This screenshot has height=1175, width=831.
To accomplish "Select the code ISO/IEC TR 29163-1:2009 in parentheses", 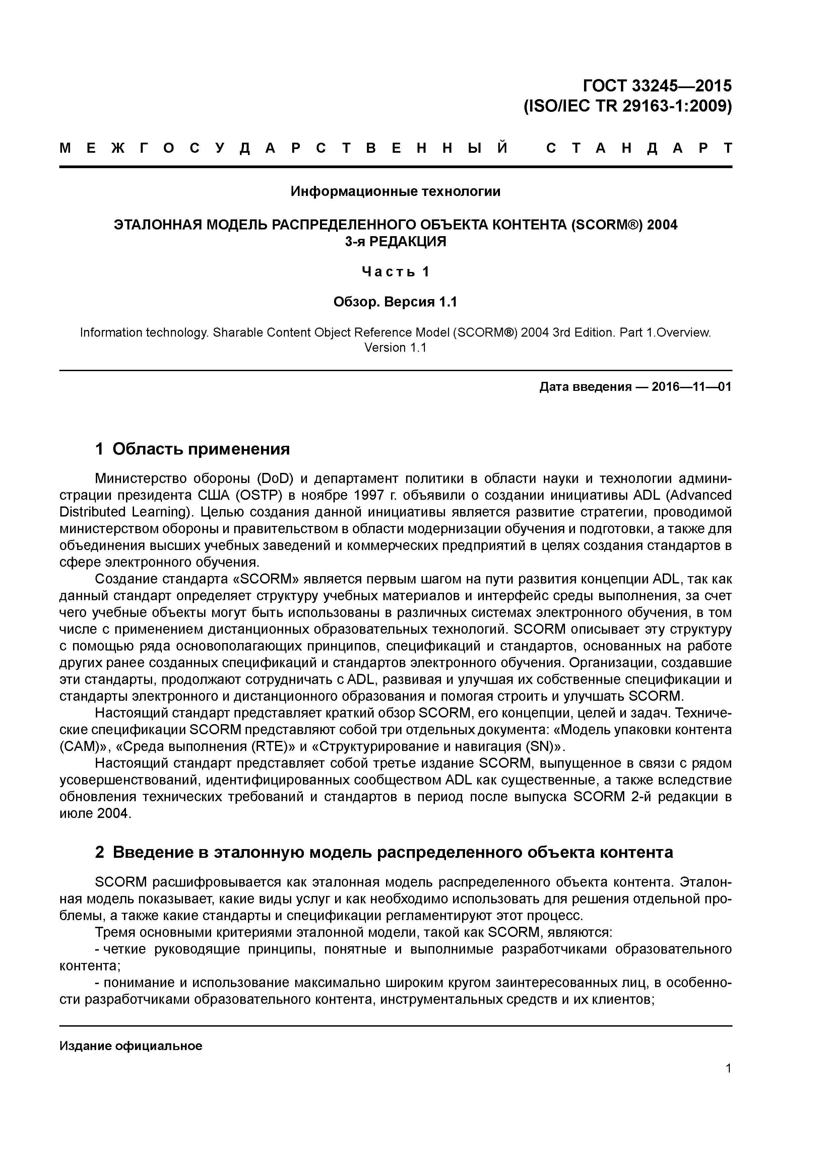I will click(627, 107).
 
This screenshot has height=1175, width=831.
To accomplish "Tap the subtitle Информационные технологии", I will click(395, 191).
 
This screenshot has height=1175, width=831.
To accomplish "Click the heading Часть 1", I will click(395, 272).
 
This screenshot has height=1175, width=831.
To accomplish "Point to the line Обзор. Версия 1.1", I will click(395, 302).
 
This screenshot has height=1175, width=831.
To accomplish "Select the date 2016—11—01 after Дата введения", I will click(691, 387).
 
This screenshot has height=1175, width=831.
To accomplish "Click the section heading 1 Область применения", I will click(193, 449).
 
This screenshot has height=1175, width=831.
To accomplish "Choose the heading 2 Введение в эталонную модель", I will click(384, 852).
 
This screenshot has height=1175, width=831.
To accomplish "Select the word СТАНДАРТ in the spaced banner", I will click(639, 148).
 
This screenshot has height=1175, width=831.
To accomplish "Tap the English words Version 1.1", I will click(395, 347).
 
